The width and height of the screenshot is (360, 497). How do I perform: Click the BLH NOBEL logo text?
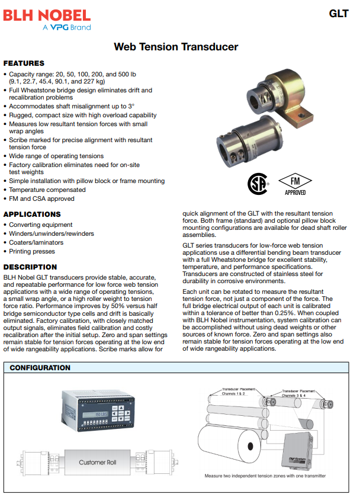pos(47,15)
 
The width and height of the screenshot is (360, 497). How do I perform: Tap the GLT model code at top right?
pos(339,14)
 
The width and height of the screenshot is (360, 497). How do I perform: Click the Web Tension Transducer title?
pos(176,47)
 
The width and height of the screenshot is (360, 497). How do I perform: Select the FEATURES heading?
pos(24,63)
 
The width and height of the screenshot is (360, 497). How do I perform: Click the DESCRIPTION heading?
pos(30,267)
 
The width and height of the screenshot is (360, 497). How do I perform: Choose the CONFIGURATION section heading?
pos(40,368)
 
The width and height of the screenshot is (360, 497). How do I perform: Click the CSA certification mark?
pos(258,184)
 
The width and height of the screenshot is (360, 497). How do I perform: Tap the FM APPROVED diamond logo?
pos(295,184)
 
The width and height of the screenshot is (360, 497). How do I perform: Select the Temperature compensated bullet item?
pos(47,190)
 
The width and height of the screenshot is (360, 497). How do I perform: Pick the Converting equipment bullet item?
pos(41,225)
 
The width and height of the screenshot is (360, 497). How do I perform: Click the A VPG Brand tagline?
pos(66,27)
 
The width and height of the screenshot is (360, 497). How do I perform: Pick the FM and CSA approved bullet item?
pos(41,199)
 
